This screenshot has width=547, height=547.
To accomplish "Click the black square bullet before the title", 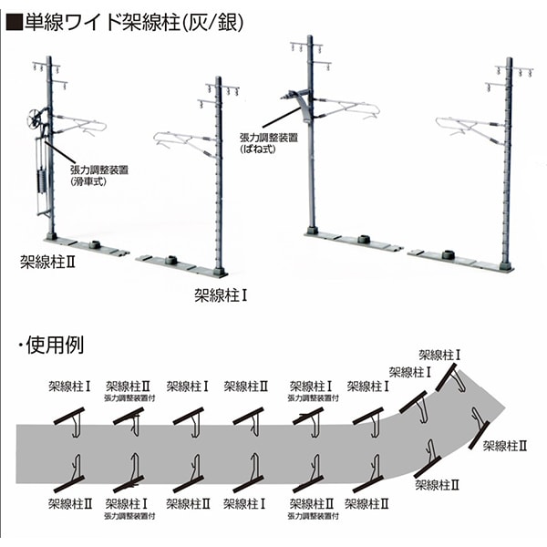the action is (14, 23).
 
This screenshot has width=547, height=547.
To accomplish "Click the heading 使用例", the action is (55, 345).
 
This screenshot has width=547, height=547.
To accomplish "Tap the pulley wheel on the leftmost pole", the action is (35, 119).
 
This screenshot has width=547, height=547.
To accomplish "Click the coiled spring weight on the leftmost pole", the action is (42, 181).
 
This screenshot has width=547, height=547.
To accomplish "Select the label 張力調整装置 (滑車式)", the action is (99, 175).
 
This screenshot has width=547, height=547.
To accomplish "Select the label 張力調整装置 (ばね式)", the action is (269, 143).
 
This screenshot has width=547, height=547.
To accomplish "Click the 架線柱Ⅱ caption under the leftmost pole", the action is (47, 263).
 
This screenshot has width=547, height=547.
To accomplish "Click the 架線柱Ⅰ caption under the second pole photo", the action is (221, 295).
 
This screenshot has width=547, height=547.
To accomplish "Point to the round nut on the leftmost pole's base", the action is (94, 244).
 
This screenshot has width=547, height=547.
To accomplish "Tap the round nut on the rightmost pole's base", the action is (449, 254).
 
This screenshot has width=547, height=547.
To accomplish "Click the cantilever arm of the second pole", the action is (185, 143).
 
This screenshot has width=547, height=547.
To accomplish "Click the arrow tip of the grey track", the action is (505, 408).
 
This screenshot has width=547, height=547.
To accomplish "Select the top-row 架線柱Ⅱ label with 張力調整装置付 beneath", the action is (128, 387).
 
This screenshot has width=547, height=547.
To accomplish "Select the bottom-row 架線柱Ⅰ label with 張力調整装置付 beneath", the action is (126, 504).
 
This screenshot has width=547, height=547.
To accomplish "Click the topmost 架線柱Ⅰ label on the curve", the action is (439, 356).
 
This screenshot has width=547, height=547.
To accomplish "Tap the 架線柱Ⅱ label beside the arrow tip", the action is (505, 446).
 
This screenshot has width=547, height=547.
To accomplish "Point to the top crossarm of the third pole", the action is (306, 45).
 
